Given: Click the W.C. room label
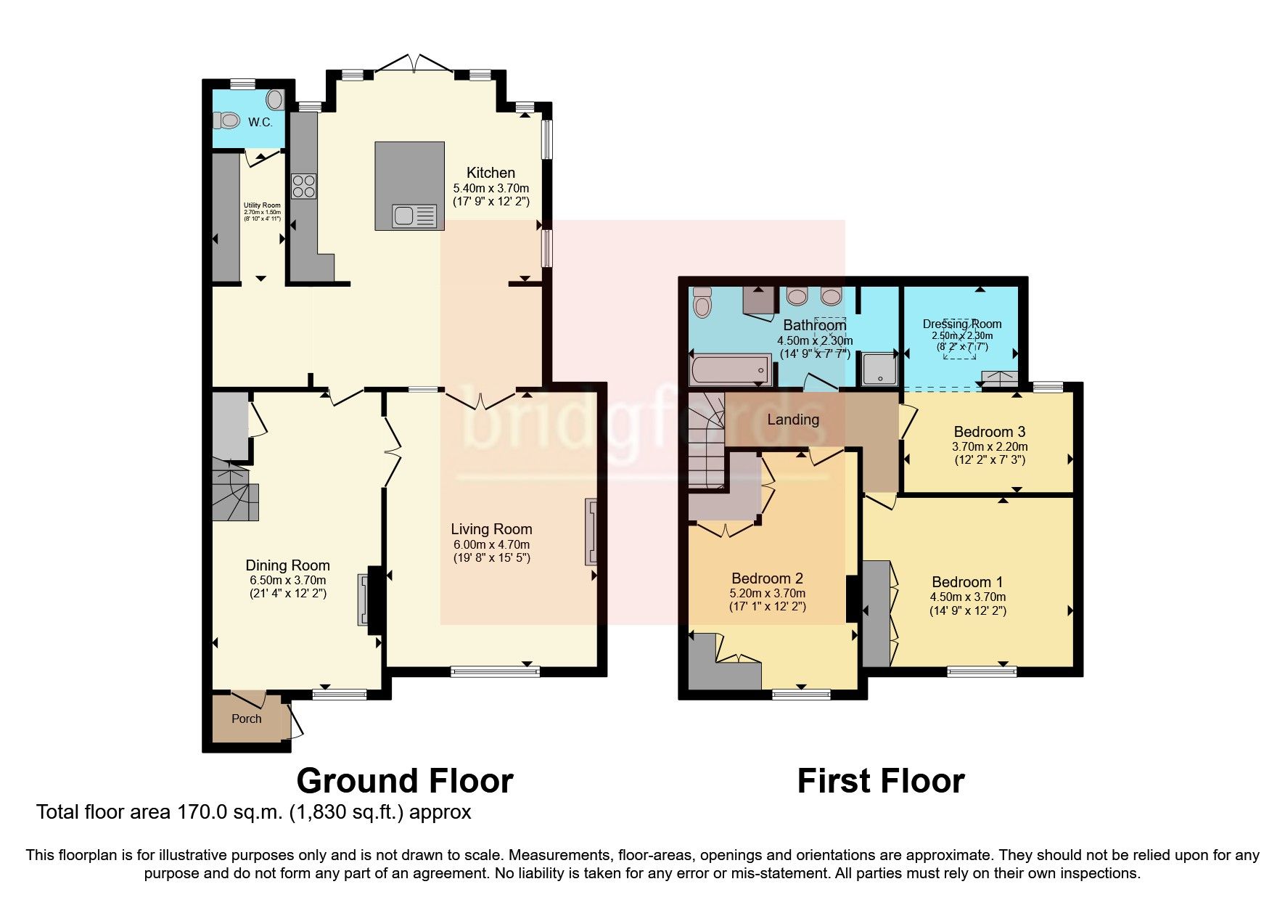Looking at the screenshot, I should pyautogui.click(x=260, y=122).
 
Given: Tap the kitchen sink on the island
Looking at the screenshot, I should pyautogui.click(x=414, y=216).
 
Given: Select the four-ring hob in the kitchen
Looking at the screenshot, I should pyautogui.click(x=303, y=187).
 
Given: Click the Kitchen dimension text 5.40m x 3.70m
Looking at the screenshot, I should pyautogui.click(x=491, y=188).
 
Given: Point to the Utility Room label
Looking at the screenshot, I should pyautogui.click(x=262, y=205).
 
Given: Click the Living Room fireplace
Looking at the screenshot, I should pyautogui.click(x=591, y=532).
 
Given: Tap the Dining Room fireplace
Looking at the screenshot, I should pyautogui.click(x=364, y=600).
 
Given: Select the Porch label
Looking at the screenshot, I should pyautogui.click(x=246, y=719).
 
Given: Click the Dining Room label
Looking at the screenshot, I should pyautogui.click(x=287, y=565).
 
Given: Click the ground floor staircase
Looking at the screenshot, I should pyautogui.click(x=235, y=494).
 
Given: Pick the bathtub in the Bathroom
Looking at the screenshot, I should pyautogui.click(x=729, y=369).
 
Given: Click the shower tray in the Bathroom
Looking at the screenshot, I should pyautogui.click(x=879, y=369).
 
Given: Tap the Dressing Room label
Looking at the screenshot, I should pyautogui.click(x=962, y=324).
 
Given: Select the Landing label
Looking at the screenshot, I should pyautogui.click(x=793, y=420).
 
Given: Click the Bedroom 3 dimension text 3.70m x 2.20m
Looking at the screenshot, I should pyautogui.click(x=990, y=446).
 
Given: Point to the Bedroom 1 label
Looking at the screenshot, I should pyautogui.click(x=967, y=582).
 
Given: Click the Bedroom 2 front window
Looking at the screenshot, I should pyautogui.click(x=801, y=694).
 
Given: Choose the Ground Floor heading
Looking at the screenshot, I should pyautogui.click(x=405, y=781).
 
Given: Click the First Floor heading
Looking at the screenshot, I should pyautogui.click(x=881, y=781).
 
